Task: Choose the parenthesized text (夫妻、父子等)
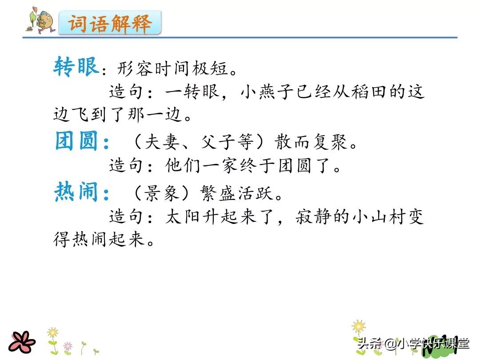point(200,143)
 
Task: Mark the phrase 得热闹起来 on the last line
point(100,240)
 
